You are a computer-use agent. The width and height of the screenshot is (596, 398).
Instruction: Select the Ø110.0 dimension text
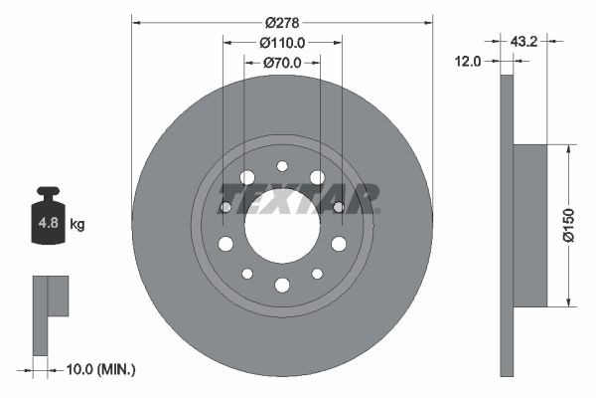(x=282, y=43)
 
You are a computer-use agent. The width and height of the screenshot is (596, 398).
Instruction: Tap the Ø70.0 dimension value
(x=282, y=64)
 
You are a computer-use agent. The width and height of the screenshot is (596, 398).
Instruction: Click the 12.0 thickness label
(x=469, y=61)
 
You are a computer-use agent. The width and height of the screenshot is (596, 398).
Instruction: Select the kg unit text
(x=77, y=225)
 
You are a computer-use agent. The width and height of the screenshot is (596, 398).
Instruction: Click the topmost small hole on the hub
(x=282, y=166)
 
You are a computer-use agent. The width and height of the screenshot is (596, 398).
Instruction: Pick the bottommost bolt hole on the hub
(x=282, y=286)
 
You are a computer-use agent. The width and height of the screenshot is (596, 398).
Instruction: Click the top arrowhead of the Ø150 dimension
(x=567, y=148)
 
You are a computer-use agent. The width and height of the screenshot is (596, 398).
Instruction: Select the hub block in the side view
(x=530, y=226)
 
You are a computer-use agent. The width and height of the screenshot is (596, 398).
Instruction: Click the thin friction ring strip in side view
(x=507, y=226)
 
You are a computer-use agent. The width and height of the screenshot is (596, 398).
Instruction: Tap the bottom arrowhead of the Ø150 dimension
(x=567, y=302)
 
